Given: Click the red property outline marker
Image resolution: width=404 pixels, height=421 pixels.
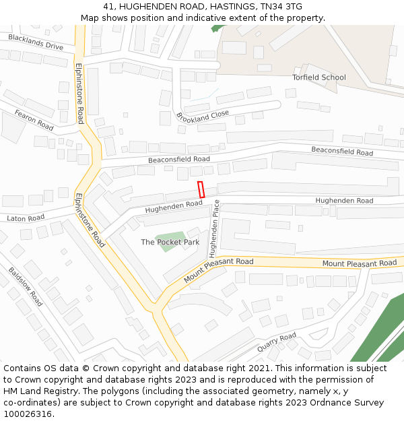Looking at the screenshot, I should pyautogui.click(x=201, y=189).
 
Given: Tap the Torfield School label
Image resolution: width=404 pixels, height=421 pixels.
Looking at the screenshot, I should pyautogui.click(x=318, y=77).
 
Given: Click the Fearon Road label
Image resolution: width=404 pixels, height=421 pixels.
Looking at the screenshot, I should pyautogui.click(x=34, y=120).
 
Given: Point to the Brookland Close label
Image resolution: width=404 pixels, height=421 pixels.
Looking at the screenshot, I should pyautogui.click(x=203, y=115).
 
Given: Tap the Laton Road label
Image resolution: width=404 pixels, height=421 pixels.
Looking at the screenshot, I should pyautogui.click(x=26, y=218).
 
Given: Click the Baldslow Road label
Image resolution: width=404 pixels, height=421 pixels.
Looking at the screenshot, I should pyautogui.click(x=26, y=287).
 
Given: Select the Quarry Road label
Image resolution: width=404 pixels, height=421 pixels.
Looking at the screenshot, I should pyautogui.click(x=276, y=342).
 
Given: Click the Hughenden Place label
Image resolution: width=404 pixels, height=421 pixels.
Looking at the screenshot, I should pyautogui.click(x=214, y=229).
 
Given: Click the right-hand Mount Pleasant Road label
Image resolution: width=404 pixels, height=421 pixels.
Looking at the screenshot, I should pyautogui.click(x=359, y=263).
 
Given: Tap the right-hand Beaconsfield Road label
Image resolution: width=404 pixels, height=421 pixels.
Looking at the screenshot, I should pyautogui.click(x=341, y=152).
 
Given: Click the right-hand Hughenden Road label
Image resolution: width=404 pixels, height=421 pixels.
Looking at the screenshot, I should pyautogui.click(x=344, y=201).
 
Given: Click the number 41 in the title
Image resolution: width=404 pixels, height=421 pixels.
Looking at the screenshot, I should pyautogui.click(x=108, y=7).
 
